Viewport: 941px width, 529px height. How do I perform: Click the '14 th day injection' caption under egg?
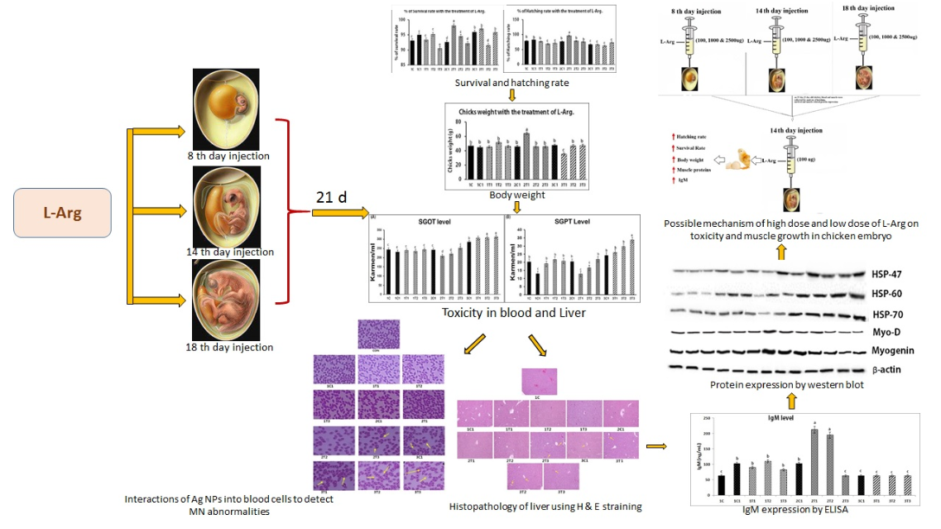[230, 252]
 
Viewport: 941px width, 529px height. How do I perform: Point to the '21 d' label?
[331, 197]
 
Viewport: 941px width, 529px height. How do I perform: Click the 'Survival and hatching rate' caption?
[511, 83]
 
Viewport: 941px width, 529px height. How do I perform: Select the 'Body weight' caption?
[516, 195]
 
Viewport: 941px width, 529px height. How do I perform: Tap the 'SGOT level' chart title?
[435, 222]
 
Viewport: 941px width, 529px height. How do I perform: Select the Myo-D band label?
[886, 332]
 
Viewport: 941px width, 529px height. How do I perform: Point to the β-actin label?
[888, 368]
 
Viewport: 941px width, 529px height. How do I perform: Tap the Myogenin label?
[892, 350]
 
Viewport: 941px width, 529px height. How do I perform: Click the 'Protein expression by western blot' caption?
[791, 386]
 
